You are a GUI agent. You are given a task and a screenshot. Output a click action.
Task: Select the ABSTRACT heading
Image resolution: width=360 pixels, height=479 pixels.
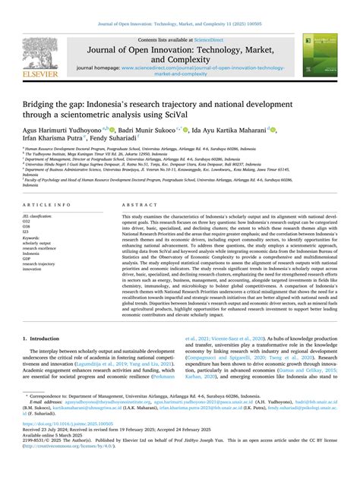click(135, 206)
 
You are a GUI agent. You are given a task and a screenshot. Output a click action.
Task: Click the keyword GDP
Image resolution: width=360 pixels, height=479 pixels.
click(27, 259)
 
